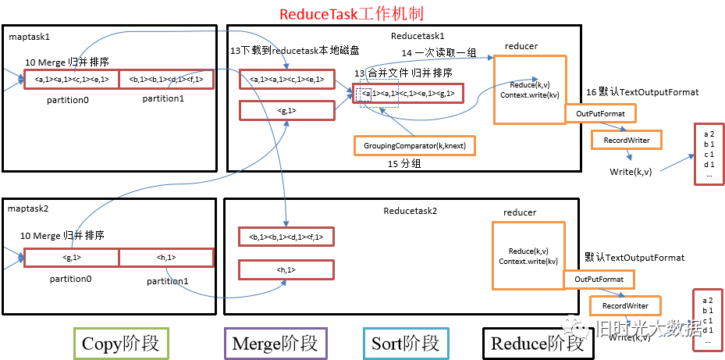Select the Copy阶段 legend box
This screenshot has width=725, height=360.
coord(120,344)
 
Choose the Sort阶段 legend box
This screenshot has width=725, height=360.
coord(404,344)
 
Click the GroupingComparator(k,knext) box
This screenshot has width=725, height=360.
coord(415,145)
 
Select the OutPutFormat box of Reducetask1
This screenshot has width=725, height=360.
coord(600,114)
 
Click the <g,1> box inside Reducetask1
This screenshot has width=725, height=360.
coord(286,111)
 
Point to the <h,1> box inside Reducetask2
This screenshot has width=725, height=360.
coord(286,270)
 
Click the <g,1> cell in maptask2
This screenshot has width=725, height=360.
coord(71,258)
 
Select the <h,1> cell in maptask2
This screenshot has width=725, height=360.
coord(166,258)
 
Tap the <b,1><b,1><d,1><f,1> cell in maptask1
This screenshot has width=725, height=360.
coord(165,80)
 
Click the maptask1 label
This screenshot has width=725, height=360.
coord(30,37)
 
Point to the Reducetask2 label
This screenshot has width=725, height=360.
coord(410,211)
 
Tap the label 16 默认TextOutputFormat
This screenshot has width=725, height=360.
coord(641,92)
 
